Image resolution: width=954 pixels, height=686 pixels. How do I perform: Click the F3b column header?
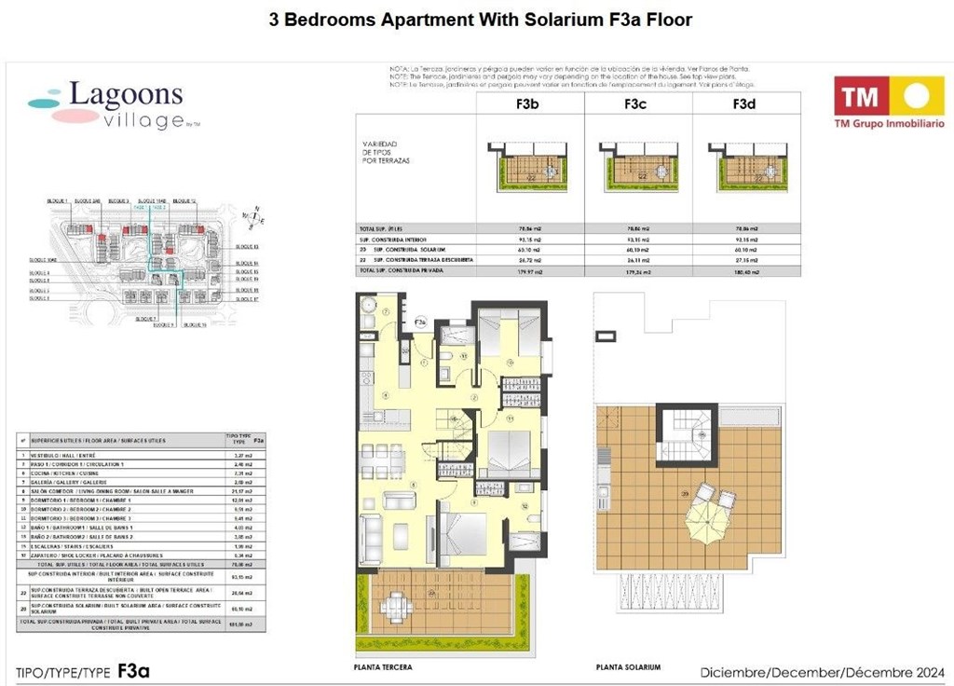pos(527,104)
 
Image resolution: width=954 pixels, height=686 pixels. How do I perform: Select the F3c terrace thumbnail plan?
pos(638,165)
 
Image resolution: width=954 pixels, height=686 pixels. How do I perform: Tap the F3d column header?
pos(743,104)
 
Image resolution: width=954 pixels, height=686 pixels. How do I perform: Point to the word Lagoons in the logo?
pos(126,95)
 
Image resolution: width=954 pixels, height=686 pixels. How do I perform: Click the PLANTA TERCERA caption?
pos(383,667)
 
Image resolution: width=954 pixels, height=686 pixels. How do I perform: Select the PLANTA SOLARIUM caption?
pos(629,667)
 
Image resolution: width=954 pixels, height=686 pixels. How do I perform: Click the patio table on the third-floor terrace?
pos(398,607)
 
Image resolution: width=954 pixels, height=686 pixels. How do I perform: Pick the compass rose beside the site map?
pos(251,217)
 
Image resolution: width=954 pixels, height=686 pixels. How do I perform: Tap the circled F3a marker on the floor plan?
pos(420,322)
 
